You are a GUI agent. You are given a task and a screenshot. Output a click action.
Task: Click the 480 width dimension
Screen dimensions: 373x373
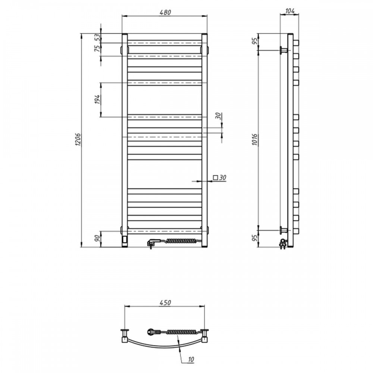[x=165, y=12]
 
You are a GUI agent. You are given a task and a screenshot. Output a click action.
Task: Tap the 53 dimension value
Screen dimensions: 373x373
[x=97, y=38]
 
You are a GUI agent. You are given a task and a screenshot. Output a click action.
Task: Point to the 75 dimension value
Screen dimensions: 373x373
[x=97, y=48]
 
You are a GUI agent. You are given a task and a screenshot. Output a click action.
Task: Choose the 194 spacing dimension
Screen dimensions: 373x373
[x=97, y=100]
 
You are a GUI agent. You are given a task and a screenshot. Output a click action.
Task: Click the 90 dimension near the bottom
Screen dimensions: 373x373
[x=97, y=239]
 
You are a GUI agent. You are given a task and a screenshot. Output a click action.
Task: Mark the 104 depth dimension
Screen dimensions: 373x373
[x=289, y=11]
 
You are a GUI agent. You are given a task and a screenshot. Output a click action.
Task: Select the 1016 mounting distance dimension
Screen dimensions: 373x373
[x=255, y=140]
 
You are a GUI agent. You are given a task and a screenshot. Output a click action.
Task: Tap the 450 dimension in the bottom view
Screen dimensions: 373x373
[x=165, y=303]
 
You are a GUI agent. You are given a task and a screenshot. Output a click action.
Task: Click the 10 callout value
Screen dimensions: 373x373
[x=191, y=360]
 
